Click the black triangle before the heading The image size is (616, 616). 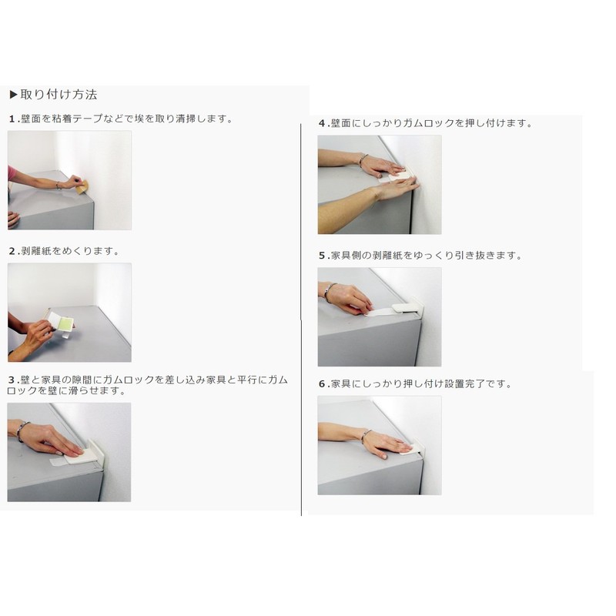coord(13,95)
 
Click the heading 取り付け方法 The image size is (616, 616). coord(59,95)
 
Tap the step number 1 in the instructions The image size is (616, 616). coord(12,119)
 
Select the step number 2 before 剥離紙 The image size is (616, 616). coord(12,252)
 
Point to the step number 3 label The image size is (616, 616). coord(12,380)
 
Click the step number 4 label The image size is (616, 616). coord(322,124)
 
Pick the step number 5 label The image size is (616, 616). coord(322,256)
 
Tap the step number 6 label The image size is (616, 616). coord(322,384)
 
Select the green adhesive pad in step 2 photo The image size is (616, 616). coord(65,323)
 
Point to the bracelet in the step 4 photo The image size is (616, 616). coord(363,159)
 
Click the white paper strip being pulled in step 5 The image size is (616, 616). coord(378,313)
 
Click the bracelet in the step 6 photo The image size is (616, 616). coord(365,436)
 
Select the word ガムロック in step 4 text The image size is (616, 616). coord(429,123)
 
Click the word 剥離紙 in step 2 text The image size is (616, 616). coord(35,252)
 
